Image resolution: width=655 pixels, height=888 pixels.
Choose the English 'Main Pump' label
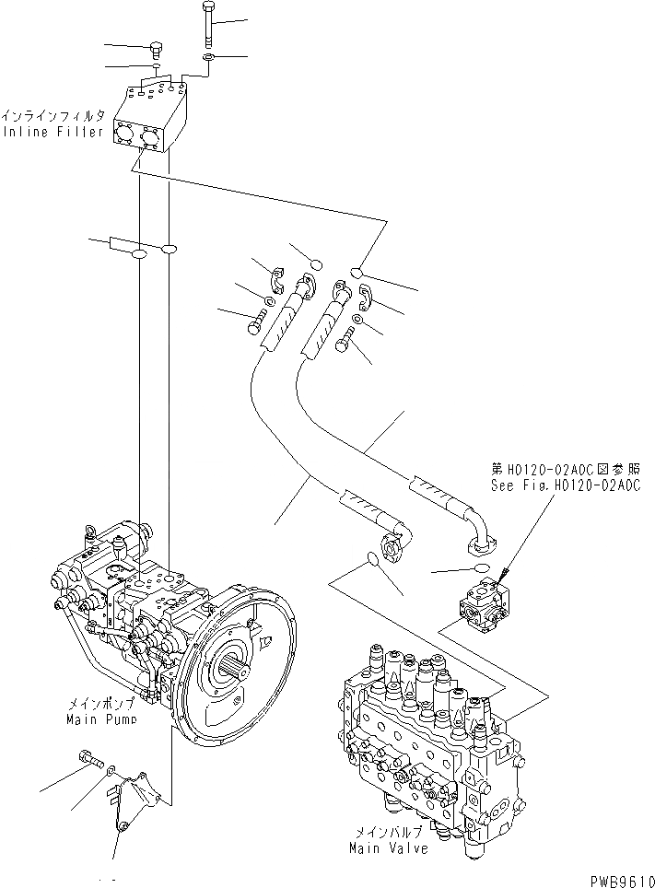101,718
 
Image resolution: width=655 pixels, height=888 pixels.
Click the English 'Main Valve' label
388,847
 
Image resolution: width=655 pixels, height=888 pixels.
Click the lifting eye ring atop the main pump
92,532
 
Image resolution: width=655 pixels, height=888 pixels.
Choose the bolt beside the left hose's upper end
256,323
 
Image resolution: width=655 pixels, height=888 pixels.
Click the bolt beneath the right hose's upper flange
345,345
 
